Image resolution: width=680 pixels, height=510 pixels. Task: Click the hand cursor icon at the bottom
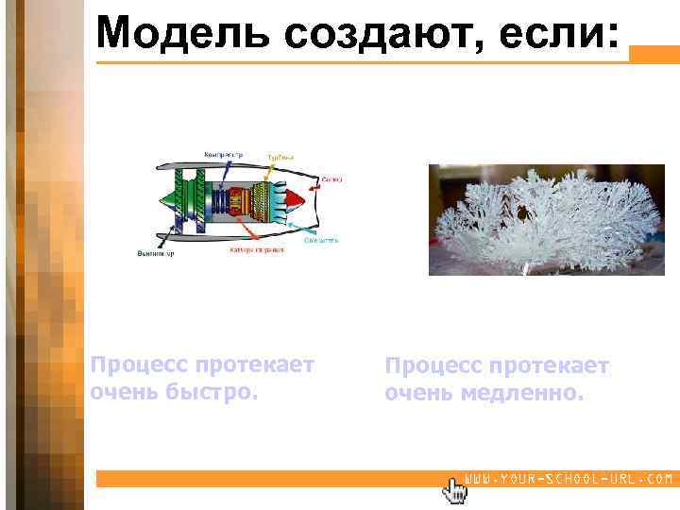pyautogui.click(x=455, y=489)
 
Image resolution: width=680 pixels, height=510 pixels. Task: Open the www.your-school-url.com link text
pyautogui.click(x=569, y=480)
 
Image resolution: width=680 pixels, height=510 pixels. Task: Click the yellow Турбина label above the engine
pyautogui.click(x=280, y=157)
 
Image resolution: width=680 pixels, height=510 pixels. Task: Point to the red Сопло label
pyautogui.click(x=332, y=178)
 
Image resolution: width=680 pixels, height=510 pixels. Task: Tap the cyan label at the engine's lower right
pyautogui.click(x=321, y=240)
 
